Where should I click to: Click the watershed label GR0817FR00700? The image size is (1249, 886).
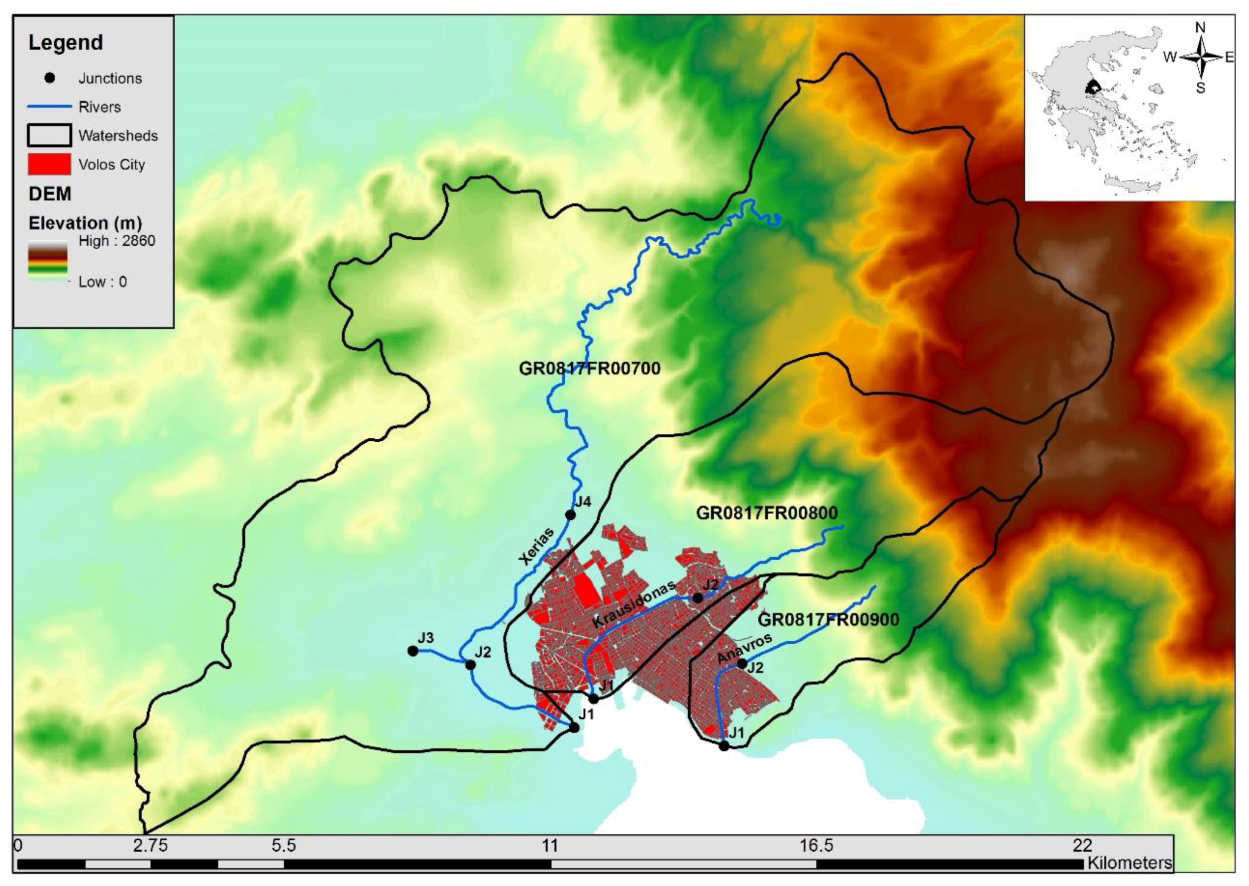click(x=589, y=369)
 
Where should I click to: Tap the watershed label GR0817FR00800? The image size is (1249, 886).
click(x=767, y=513)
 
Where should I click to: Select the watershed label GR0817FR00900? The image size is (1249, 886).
click(x=829, y=620)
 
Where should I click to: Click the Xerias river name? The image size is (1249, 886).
click(x=536, y=546)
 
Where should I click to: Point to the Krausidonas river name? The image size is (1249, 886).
click(x=634, y=604)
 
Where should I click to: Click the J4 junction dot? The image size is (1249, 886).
click(x=570, y=514)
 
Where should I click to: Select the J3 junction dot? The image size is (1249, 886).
click(x=413, y=651)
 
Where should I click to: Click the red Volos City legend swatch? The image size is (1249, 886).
click(x=49, y=164)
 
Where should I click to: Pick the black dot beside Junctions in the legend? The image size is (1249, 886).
click(x=50, y=78)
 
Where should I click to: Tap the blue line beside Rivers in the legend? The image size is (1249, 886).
click(x=49, y=107)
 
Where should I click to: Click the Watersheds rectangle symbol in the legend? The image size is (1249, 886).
click(x=49, y=135)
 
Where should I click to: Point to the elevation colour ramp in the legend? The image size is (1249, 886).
click(x=47, y=260)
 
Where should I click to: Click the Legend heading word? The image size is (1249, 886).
click(x=66, y=43)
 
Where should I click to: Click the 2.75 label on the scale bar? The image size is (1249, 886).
click(x=151, y=846)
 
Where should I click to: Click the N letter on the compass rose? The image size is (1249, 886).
click(x=1200, y=28)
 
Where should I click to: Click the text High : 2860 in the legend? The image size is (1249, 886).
click(x=117, y=241)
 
